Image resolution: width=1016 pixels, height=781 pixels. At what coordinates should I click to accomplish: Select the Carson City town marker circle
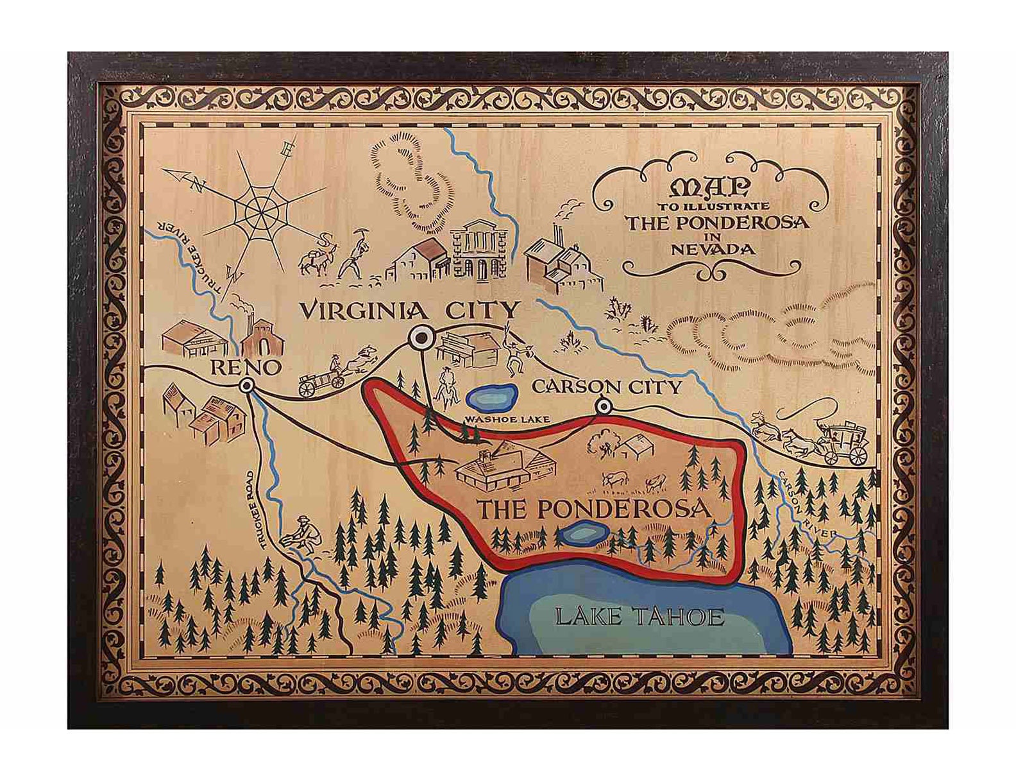coord(603,406)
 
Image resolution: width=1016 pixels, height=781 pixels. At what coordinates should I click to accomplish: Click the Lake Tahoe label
coord(639,617)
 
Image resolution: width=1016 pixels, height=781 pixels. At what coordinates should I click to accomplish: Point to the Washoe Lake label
coord(507,420)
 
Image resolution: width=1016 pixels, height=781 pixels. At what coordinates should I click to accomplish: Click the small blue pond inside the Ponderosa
coord(578,533)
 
